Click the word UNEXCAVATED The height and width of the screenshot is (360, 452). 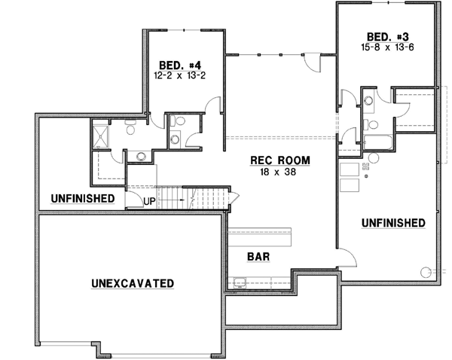133,283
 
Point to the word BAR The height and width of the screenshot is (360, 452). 258,256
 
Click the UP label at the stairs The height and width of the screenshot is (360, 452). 150,202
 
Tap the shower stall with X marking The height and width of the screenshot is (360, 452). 102,136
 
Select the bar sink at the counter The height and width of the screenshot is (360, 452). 240,283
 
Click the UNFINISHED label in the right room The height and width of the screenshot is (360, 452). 393,223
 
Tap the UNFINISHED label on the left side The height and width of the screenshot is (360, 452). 83,199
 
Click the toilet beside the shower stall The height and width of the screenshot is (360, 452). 131,130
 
